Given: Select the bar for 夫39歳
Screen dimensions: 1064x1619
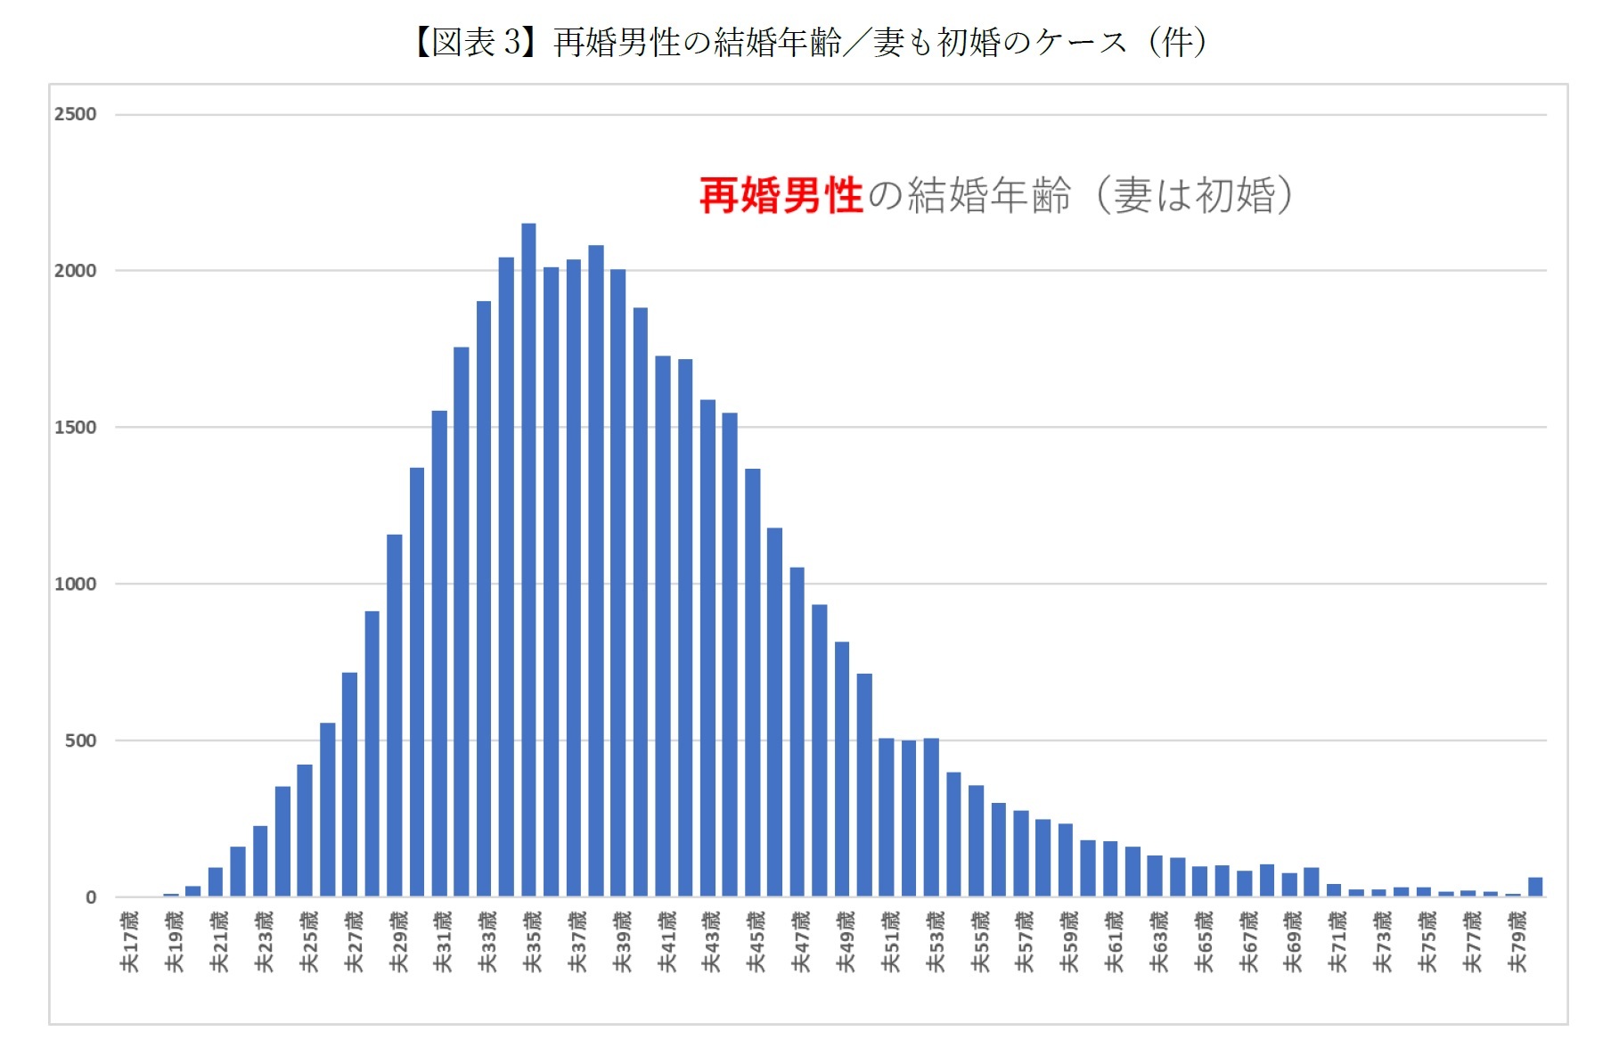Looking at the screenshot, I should pyautogui.click(x=618, y=583).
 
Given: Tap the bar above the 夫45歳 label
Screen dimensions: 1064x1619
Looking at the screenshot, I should pyautogui.click(x=753, y=683).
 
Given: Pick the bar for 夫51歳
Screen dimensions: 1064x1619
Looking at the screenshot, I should pyautogui.click(x=887, y=817).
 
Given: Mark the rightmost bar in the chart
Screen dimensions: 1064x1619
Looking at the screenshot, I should pyautogui.click(x=1535, y=887).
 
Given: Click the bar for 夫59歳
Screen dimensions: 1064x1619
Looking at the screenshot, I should pyautogui.click(x=1066, y=860).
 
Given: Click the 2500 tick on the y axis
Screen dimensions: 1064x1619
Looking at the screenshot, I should pyautogui.click(x=75, y=114).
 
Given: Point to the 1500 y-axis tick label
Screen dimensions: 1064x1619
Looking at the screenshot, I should pyautogui.click(x=75, y=427).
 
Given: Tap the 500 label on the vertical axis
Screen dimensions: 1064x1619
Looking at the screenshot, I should pyautogui.click(x=80, y=741).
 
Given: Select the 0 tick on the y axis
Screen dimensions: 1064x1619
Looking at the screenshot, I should pyautogui.click(x=91, y=897).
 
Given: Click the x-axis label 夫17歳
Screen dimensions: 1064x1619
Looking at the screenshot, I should pyautogui.click(x=130, y=941).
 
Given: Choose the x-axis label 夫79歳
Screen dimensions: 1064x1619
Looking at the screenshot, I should pyautogui.click(x=1517, y=941).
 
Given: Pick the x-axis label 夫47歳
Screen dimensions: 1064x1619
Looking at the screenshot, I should pyautogui.click(x=801, y=941).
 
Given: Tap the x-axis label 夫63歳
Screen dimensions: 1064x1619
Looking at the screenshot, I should pyautogui.click(x=1158, y=941).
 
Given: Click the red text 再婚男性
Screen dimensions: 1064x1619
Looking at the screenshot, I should pyautogui.click(x=781, y=195).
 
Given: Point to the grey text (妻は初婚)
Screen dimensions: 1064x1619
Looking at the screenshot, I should pyautogui.click(x=1193, y=195).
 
